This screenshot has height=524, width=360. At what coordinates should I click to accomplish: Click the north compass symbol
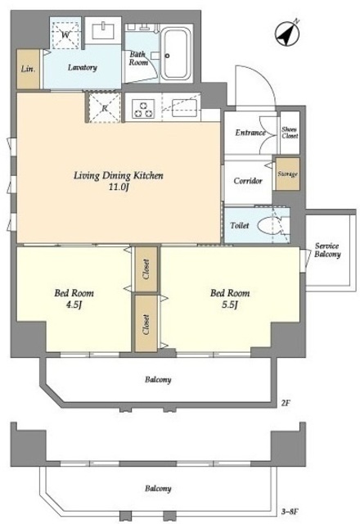pos(287,34)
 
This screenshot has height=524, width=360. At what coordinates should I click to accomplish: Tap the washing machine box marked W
pos(65,34)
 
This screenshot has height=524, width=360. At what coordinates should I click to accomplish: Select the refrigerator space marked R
pos(105,107)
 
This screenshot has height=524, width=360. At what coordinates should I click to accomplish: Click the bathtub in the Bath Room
pos(176,53)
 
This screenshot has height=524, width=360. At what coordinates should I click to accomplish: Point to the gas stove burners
pos(144,109)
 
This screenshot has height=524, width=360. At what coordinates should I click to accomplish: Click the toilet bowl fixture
pos(270,225)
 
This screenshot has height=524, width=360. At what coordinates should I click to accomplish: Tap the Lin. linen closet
pos(29,69)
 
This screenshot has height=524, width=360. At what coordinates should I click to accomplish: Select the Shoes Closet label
pos(290,133)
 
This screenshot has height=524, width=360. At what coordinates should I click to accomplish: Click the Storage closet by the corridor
pos(287,174)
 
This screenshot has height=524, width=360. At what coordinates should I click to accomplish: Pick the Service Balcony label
pos(327,251)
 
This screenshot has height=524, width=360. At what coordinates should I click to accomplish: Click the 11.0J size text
pos(118,187)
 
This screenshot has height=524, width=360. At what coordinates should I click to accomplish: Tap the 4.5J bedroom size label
pos(74,305)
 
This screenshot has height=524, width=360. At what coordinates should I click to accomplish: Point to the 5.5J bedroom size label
pos(230,305)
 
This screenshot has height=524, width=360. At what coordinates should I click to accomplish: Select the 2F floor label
pos(286,403)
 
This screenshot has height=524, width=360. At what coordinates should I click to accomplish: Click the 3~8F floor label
pos(289,511)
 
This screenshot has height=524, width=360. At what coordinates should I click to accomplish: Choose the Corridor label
pos(248,181)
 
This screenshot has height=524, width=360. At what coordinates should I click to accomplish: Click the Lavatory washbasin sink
pos(103,30)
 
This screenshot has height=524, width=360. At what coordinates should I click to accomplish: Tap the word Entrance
pos(250,133)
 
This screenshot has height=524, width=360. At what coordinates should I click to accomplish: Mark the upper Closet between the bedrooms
pos(146,269)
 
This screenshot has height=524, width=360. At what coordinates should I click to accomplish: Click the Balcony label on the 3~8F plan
pos(158,489)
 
